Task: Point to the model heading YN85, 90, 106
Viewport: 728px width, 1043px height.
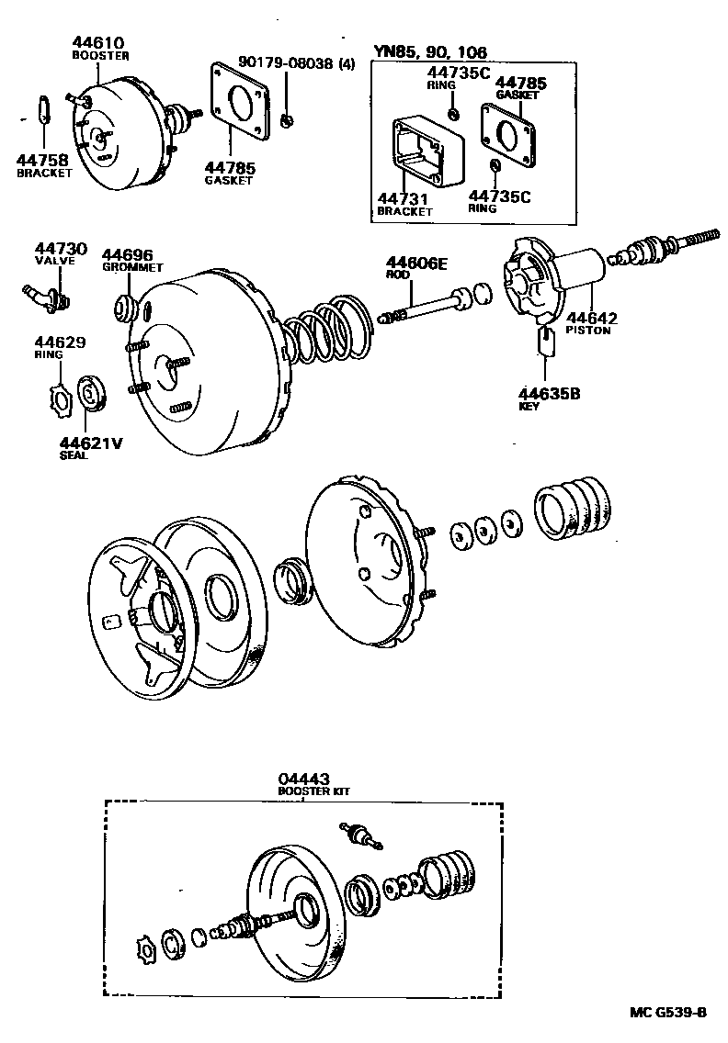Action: tap(430, 52)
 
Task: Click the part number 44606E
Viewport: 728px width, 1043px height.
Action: tap(415, 264)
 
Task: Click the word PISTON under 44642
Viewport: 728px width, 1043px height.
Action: tap(588, 331)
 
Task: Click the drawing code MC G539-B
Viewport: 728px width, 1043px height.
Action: tap(668, 1012)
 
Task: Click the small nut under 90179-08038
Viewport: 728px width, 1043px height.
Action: tap(288, 119)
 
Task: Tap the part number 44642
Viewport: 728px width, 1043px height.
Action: tap(591, 318)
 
